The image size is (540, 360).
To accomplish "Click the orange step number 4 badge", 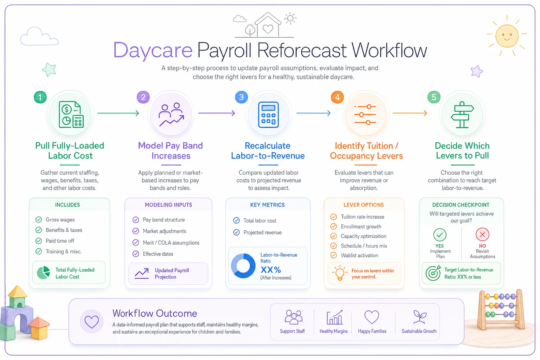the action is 337,97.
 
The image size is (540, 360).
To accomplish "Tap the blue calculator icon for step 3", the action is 268,115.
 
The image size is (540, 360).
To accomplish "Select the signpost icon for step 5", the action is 462,115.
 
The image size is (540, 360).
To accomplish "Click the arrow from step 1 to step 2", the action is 118,113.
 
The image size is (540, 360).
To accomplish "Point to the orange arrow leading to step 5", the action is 410,113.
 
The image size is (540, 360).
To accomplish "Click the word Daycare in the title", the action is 153,50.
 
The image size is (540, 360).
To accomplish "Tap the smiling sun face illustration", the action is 507,36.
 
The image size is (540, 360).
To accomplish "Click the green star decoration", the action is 49,70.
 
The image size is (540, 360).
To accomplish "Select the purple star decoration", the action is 477,71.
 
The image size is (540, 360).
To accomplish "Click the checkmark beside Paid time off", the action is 39,240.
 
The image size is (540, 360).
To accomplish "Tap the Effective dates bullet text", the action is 158,254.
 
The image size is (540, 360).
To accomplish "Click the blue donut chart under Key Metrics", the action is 243,266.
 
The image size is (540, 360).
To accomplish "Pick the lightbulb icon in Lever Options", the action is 340,273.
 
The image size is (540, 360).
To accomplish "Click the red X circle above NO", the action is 482,234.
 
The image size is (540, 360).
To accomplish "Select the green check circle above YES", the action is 440,234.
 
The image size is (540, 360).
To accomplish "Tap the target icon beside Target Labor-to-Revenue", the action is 433,273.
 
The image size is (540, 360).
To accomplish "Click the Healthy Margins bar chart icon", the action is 334,317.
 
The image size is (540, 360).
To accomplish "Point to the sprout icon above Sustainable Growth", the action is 420,317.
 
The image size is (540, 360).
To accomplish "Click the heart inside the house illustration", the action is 268,29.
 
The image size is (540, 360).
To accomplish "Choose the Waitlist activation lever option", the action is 359,256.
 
